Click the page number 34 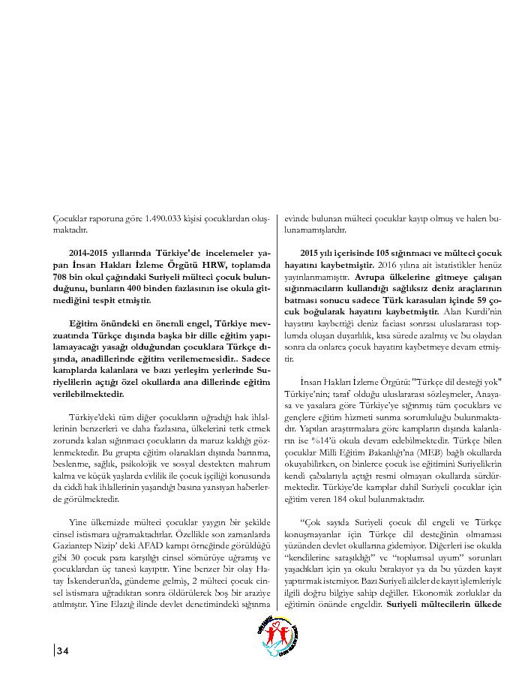tap(62, 650)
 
